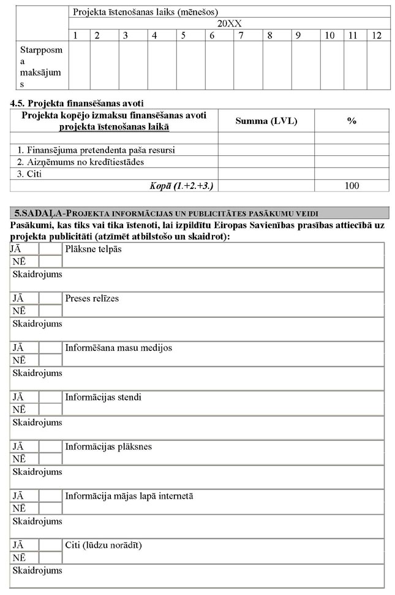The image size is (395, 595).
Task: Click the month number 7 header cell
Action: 241,36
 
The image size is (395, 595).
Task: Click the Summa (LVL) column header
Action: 266,121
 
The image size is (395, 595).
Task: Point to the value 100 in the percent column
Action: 352,186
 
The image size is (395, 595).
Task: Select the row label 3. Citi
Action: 28,174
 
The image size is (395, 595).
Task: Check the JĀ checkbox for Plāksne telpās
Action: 51,249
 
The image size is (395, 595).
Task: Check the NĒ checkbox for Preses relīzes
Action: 51,311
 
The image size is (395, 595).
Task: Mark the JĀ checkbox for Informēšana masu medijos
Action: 51,348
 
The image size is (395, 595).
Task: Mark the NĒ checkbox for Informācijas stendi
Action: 51,409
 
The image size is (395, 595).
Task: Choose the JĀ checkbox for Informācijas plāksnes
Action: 51,446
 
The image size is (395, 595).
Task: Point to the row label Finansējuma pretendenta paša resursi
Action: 92,150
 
